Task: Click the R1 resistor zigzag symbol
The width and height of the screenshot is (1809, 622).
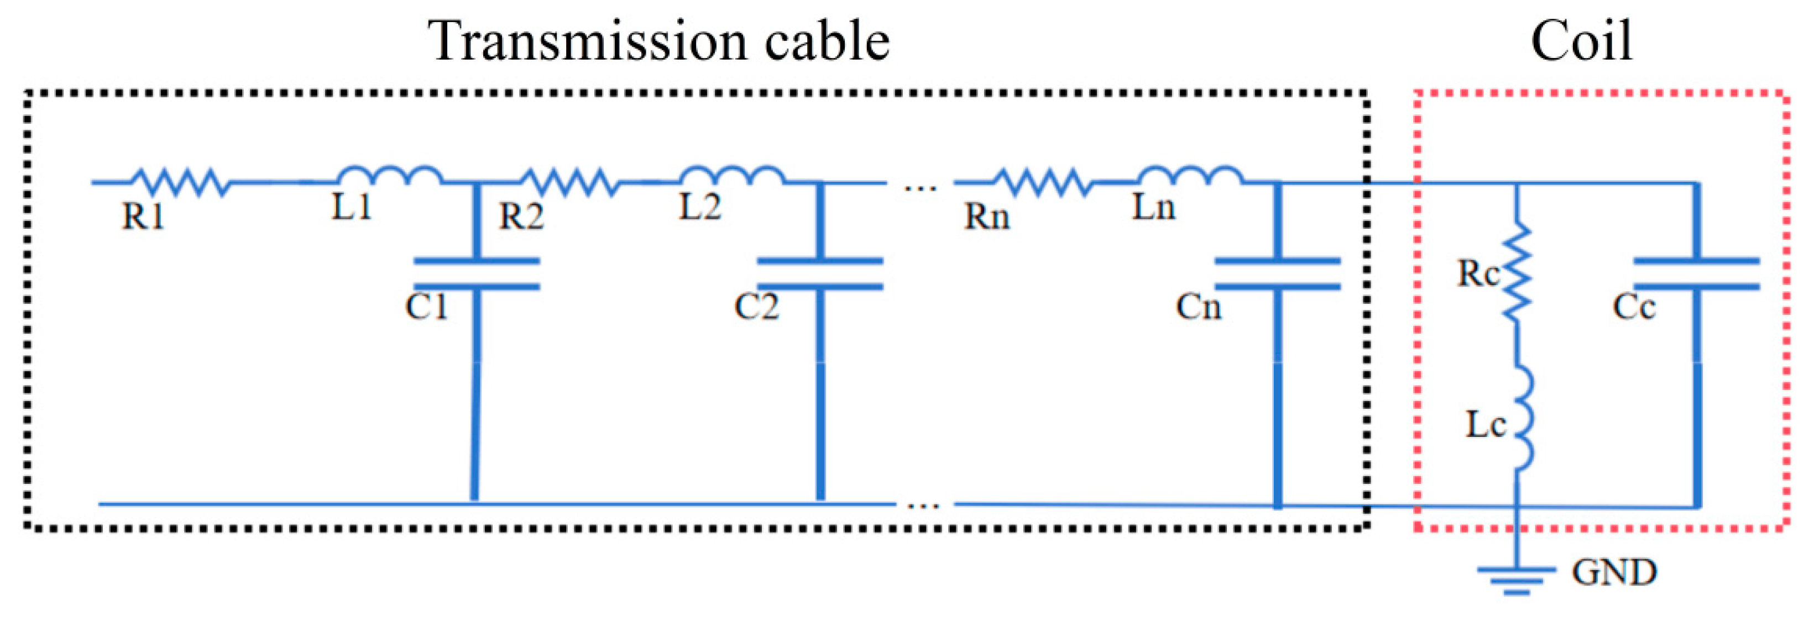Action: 180,182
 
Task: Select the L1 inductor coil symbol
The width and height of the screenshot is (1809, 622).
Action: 390,176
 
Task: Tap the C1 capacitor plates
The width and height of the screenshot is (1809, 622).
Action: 476,274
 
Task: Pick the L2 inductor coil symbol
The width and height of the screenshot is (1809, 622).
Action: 733,176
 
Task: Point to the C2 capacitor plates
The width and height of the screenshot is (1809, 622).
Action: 819,274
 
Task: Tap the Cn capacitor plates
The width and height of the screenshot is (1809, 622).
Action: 1277,274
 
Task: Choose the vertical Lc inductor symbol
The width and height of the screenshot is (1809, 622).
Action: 1521,418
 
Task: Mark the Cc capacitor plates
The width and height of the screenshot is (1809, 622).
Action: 1697,274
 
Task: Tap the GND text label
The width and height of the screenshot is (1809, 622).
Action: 1614,573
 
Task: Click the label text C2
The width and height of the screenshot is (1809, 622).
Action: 756,307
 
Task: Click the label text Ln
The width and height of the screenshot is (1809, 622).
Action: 1153,207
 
